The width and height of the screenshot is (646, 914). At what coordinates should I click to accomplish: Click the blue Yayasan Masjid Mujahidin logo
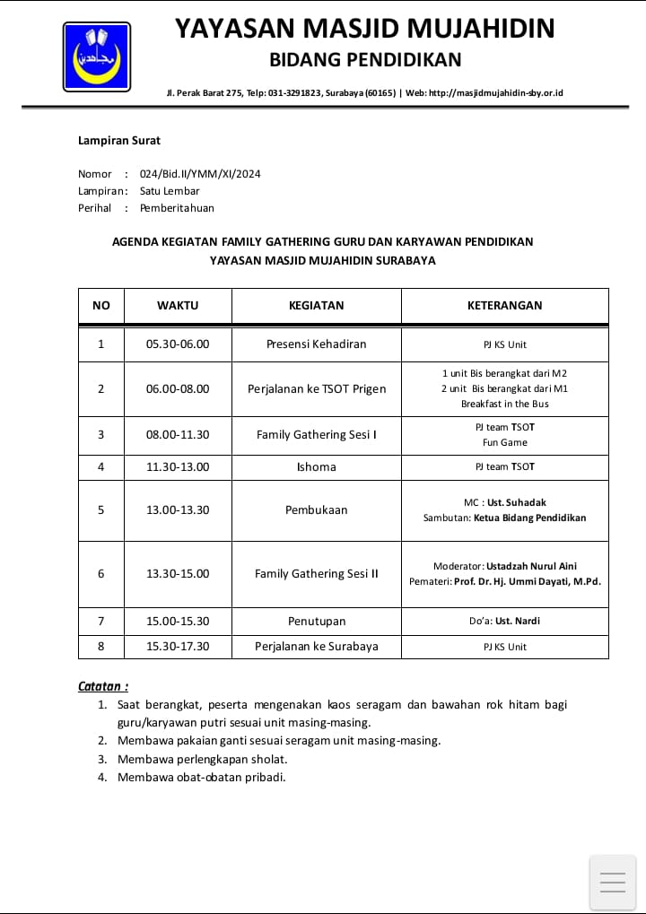96,56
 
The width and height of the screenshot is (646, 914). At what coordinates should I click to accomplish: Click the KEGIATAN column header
316,305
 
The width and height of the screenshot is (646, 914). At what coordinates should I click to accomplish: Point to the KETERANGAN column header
504,305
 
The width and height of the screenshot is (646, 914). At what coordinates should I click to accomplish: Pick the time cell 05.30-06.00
178,344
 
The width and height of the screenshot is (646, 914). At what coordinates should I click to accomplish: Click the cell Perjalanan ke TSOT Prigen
317,388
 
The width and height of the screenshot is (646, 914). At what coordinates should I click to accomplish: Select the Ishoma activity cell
316,466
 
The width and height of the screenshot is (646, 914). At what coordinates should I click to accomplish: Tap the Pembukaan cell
316,509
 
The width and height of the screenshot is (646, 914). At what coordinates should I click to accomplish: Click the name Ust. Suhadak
517,502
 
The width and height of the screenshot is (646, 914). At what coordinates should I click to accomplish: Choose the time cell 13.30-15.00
178,573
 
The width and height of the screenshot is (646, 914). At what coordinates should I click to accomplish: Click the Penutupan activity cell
316,621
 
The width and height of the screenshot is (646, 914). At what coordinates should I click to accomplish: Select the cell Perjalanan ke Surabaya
316,646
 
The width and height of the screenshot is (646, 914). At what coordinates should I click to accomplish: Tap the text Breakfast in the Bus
504,404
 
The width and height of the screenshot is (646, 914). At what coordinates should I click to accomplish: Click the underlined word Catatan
102,686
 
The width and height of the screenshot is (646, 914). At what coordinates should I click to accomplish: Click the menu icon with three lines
612,883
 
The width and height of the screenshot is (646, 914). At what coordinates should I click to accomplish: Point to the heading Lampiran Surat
119,140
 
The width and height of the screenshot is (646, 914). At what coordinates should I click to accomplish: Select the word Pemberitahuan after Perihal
177,208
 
